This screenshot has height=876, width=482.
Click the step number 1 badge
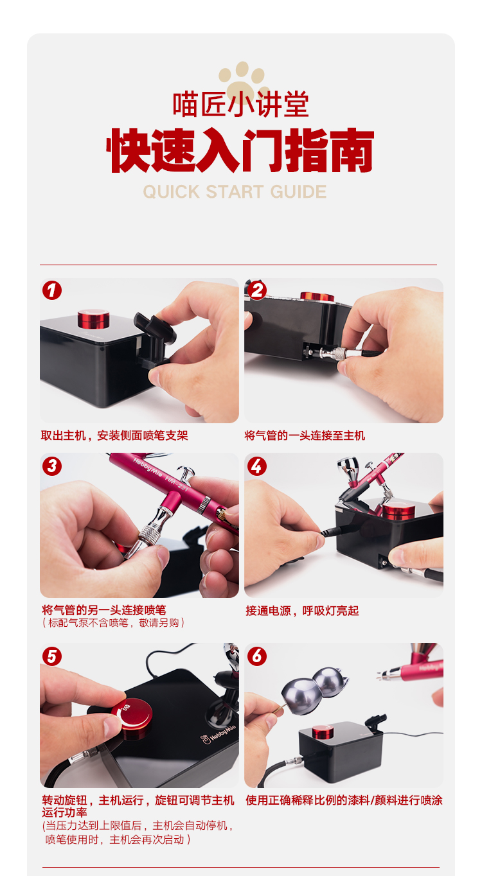point(52,290)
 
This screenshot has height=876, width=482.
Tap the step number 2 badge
point(257,290)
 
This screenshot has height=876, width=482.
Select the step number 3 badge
point(52,466)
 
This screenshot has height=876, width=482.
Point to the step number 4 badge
point(257,466)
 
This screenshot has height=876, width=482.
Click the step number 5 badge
point(52,656)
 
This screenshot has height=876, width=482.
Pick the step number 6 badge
point(257,656)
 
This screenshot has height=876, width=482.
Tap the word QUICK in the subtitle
point(172,192)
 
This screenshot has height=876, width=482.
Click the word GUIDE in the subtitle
point(298,192)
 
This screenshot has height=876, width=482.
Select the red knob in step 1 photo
point(93,319)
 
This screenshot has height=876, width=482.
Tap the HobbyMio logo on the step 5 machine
point(219,735)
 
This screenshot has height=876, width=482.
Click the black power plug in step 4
point(336,531)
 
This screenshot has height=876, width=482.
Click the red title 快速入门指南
point(240,150)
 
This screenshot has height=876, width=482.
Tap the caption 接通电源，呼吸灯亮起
point(302,611)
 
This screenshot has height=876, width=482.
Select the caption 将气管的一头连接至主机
point(305,435)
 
